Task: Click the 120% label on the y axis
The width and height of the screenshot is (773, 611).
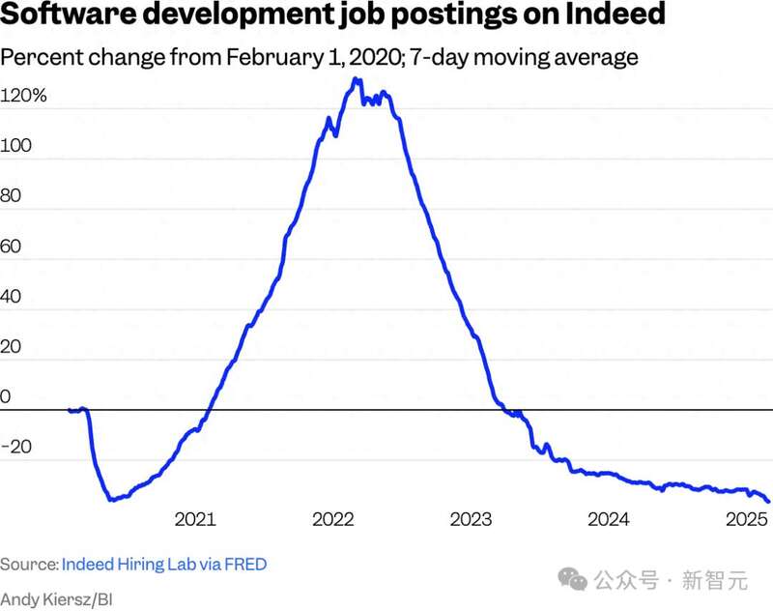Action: (x=23, y=97)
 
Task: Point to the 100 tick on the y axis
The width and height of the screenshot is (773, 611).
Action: (x=18, y=147)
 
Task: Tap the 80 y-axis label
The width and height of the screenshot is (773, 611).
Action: (x=13, y=197)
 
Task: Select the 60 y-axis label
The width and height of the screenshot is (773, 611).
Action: (x=13, y=247)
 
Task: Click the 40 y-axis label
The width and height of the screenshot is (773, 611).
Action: (x=13, y=297)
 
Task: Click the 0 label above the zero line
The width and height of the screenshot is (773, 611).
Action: (x=6, y=396)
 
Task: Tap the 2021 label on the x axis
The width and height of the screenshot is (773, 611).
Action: (x=194, y=519)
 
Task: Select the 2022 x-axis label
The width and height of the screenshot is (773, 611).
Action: (x=334, y=519)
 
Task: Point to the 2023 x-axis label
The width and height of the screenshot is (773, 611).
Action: (x=472, y=519)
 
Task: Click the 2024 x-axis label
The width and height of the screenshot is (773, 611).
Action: (x=610, y=519)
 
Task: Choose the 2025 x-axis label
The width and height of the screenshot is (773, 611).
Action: (x=746, y=519)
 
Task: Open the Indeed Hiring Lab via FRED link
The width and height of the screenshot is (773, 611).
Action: (x=164, y=564)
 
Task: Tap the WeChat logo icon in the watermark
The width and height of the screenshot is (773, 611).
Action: (x=576, y=579)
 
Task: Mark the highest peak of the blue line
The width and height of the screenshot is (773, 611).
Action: (x=357, y=80)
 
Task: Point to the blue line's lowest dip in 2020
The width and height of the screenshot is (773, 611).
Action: (x=112, y=499)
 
